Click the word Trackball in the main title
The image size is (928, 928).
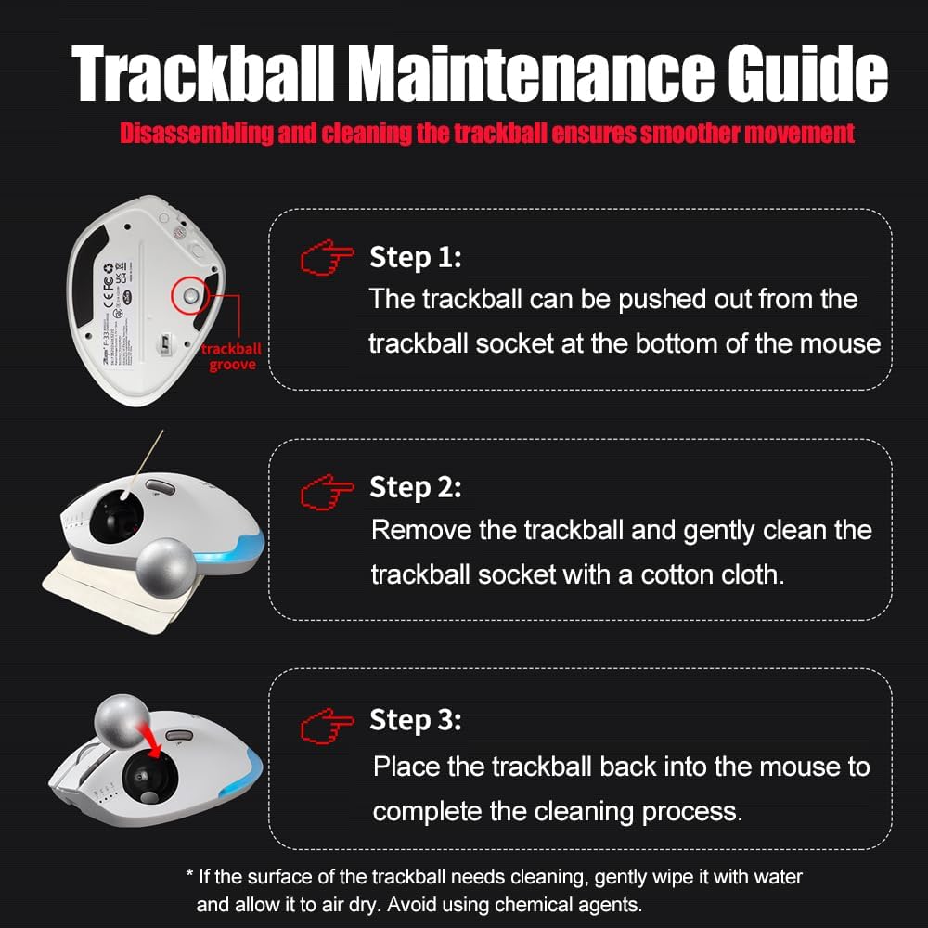(x=203, y=73)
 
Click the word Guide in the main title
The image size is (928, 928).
(x=808, y=73)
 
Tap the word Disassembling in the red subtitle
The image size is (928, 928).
(x=197, y=133)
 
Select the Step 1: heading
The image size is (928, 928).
(x=415, y=257)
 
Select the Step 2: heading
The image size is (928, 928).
(x=415, y=488)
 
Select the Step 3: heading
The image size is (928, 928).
(x=415, y=720)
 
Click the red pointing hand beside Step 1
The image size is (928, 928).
(x=327, y=257)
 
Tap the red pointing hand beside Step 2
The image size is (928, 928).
(x=327, y=492)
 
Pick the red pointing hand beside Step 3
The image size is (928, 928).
(x=327, y=726)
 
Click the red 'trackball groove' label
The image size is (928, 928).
(x=231, y=356)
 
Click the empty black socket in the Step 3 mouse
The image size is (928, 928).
(x=149, y=778)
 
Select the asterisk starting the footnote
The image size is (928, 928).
(x=190, y=874)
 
